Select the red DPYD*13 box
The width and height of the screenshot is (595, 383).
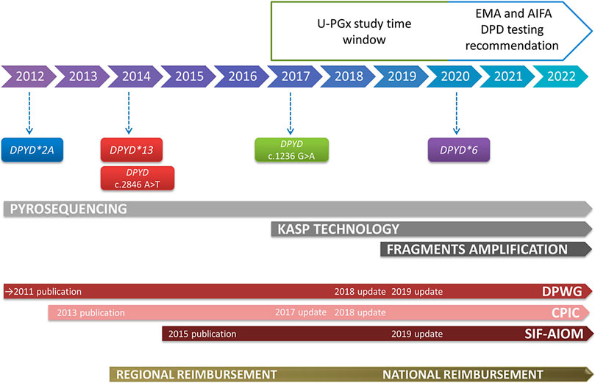point(132,150)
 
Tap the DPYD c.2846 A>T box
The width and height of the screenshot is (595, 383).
point(132,178)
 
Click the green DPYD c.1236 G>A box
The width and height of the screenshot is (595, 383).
point(292,149)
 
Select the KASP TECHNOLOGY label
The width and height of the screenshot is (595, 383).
point(338,229)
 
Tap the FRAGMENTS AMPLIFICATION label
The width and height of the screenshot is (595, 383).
point(477,249)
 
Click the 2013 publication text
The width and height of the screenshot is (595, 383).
point(90,292)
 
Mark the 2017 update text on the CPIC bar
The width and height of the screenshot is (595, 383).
point(300,292)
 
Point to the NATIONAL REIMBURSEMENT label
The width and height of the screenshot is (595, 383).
point(463,354)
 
